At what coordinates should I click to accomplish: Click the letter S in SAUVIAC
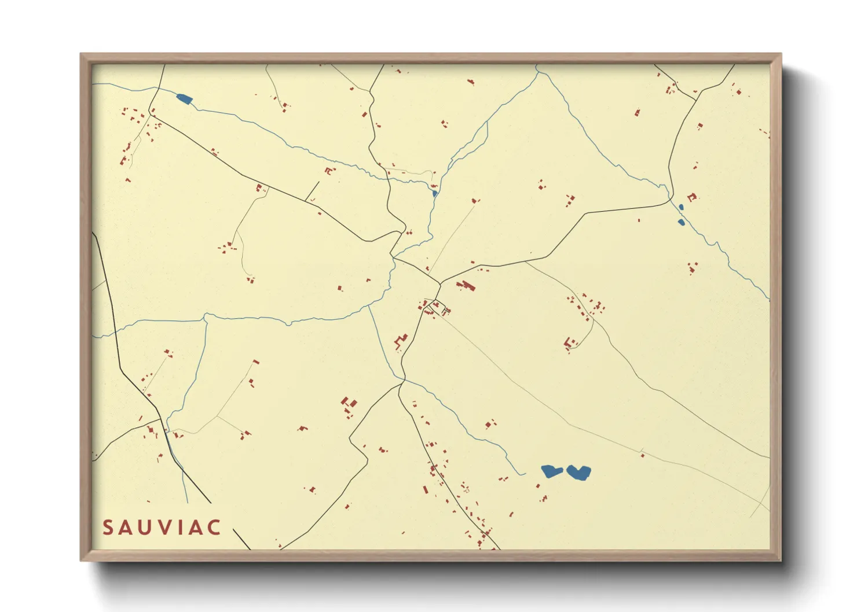pos(108,528)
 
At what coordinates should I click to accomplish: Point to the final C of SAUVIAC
pos(214,528)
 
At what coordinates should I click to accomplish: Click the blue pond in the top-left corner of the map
pos(184,99)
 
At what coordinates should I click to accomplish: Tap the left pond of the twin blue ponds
pos(551,471)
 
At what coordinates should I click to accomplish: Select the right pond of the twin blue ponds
pos(578,473)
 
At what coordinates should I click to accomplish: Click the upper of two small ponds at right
pos(682,207)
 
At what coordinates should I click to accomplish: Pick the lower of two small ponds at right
pos(682,222)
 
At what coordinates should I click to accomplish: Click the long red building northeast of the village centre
pos(466,286)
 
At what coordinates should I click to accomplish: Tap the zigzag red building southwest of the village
pos(400,342)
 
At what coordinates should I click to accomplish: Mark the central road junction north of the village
pos(440,283)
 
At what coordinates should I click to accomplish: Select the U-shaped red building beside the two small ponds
pos(691,197)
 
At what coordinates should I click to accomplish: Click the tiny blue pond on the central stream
pos(434,193)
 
